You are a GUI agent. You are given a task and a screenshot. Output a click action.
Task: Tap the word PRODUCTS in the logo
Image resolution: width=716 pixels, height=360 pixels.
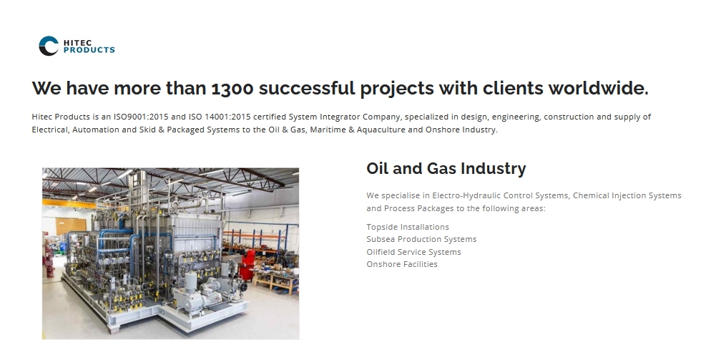(x=89, y=50)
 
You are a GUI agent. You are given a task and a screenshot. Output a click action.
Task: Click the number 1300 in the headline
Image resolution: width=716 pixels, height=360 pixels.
(x=232, y=88)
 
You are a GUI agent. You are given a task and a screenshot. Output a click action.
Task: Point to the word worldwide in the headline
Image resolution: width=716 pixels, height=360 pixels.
(x=597, y=88)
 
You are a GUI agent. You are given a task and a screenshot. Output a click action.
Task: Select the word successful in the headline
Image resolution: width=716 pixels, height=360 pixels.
(x=307, y=88)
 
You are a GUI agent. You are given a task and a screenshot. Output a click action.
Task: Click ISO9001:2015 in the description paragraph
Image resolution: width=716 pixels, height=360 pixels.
(x=141, y=117)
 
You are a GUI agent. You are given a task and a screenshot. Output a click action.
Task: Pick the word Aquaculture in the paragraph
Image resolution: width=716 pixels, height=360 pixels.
(x=381, y=130)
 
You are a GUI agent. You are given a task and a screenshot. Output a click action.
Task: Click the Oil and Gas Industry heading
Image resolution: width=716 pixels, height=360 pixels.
(x=446, y=169)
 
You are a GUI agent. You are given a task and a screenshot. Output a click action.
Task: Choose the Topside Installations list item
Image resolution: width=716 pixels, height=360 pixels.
(x=408, y=227)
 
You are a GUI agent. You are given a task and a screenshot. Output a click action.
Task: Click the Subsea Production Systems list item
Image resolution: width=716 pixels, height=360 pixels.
(x=421, y=239)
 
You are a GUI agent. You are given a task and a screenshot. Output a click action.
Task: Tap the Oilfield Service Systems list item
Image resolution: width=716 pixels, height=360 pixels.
(x=413, y=252)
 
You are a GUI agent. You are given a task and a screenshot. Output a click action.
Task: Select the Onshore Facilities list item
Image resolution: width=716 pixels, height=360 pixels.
(x=402, y=264)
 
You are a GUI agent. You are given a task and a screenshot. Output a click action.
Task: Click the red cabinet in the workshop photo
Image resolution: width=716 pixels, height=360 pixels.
(x=248, y=265)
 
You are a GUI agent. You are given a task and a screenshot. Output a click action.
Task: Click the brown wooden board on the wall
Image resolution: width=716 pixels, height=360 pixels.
(x=71, y=226)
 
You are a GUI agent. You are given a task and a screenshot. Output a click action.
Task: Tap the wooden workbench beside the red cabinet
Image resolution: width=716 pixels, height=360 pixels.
(x=277, y=279)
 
